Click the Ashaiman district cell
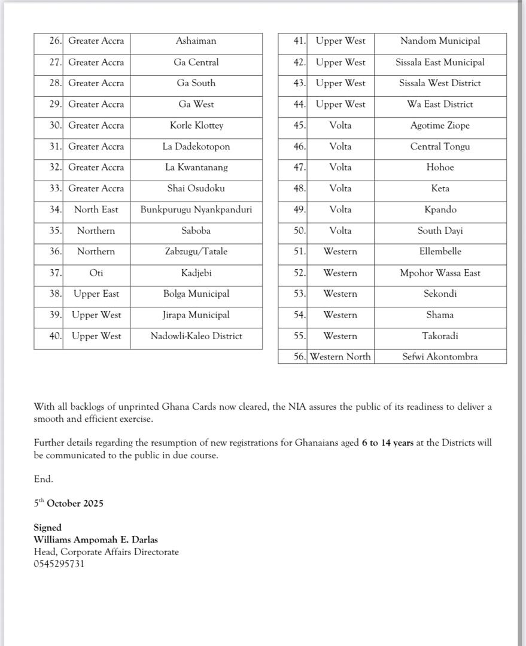point(196,41)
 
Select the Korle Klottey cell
point(196,126)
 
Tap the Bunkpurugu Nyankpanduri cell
point(196,209)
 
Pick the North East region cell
point(96,209)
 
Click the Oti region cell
point(96,273)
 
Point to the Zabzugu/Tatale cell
point(196,252)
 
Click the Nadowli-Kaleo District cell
point(196,336)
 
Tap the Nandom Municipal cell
point(440,41)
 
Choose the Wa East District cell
point(440,104)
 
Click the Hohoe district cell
point(440,167)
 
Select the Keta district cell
point(440,188)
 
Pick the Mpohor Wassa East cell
point(440,273)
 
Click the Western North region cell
point(340,357)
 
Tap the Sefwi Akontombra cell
point(440,357)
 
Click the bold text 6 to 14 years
point(387,443)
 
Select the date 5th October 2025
point(69,504)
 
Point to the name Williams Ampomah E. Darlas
point(96,540)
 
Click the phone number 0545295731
point(59,564)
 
